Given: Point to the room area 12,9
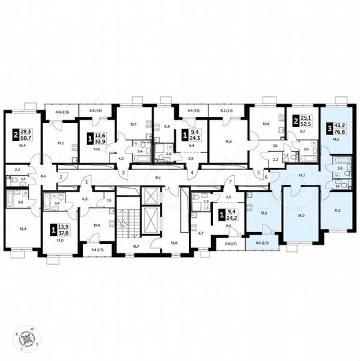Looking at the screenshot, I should tap(23, 229).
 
